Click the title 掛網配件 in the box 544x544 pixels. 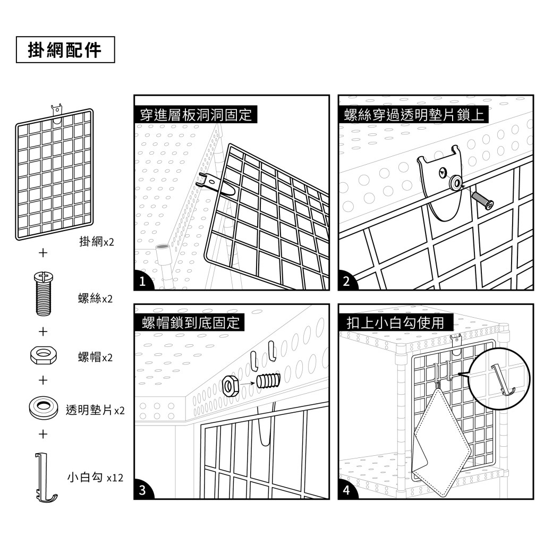[x=65, y=49]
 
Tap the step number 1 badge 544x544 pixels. [x=142, y=282]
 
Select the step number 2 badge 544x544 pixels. [x=346, y=282]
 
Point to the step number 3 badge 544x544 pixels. [x=142, y=490]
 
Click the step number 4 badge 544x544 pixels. [x=346, y=490]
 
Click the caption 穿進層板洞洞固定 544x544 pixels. [x=195, y=114]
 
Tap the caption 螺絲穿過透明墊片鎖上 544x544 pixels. [x=412, y=114]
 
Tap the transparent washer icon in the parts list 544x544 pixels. [x=42, y=407]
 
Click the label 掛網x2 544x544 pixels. [x=96, y=242]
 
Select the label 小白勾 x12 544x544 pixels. [x=95, y=477]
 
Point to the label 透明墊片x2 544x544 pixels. [x=95, y=410]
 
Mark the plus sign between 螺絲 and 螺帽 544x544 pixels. [x=42, y=331]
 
